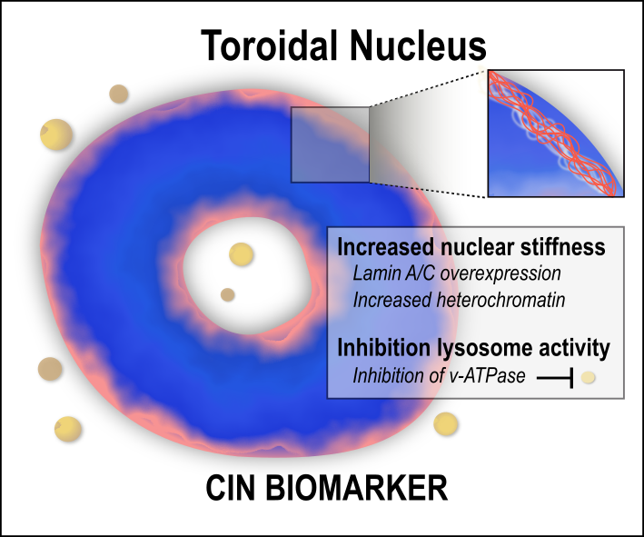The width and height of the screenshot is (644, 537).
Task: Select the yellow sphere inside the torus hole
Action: pyautogui.click(x=241, y=254)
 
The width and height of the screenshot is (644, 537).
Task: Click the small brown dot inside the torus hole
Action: pyautogui.click(x=229, y=294)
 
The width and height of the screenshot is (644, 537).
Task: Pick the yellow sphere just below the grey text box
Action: pyautogui.click(x=446, y=423)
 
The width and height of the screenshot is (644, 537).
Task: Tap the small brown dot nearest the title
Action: pyautogui.click(x=118, y=94)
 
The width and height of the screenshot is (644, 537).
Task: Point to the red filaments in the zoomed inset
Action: pyautogui.click(x=536, y=123)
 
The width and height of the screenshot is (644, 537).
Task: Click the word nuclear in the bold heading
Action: pyautogui.click(x=472, y=247)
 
